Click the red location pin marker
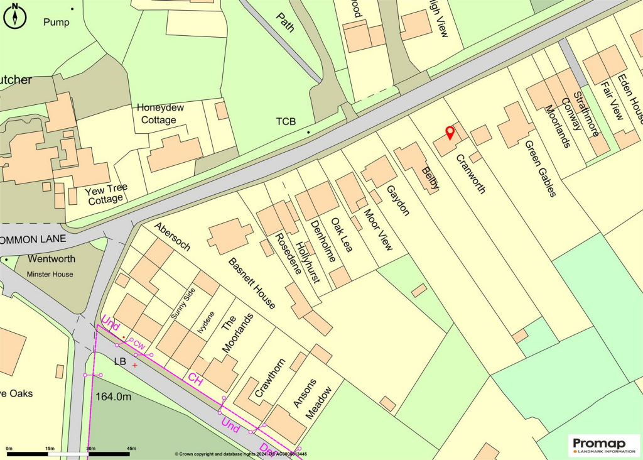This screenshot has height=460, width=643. coord(450,133)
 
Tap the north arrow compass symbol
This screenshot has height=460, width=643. coord(15,16)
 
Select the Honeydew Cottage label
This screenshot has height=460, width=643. coord(161,114)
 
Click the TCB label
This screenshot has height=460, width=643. coord(286,121)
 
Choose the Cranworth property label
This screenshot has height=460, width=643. coord(470,174)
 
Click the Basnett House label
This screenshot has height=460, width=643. coord(252,283)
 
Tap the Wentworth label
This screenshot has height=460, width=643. coord(51,259)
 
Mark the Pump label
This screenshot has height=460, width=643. coord(57,22)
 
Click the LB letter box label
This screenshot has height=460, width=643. coord(120,362)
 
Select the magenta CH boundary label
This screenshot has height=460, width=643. coord(195,380)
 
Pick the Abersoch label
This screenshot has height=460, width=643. coord(172,237)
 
